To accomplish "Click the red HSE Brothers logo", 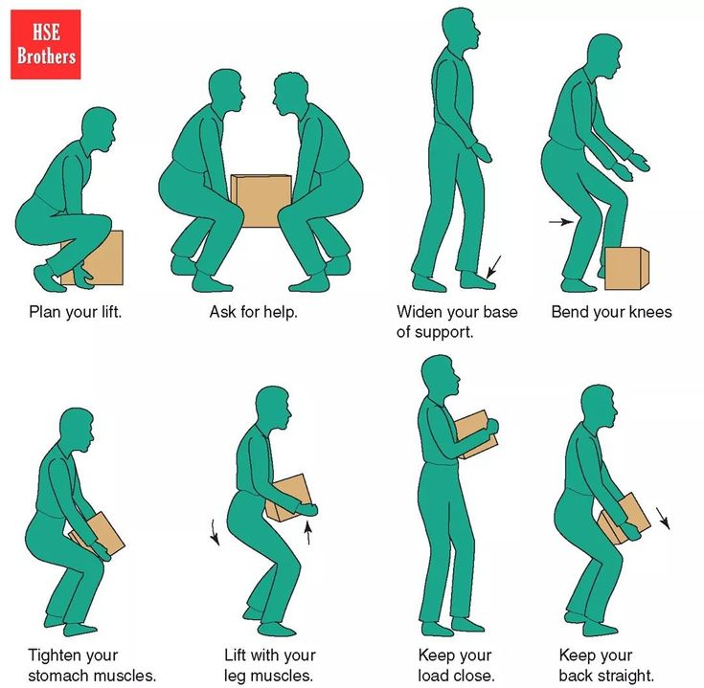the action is [46, 44].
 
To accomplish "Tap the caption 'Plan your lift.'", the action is [76, 312].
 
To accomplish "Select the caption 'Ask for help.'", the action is [254, 312].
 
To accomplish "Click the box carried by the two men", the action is [261, 201].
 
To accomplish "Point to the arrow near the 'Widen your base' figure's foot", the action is [493, 266].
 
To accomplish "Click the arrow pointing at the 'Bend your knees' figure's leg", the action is [561, 222].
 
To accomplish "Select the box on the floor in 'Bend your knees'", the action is [626, 268].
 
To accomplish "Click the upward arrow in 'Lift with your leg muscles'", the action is [308, 532].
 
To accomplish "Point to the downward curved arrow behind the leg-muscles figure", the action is [216, 532].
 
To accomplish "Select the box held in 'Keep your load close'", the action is [476, 434].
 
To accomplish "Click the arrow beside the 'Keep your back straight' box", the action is [663, 518].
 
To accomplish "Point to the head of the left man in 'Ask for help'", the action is [226, 92].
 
